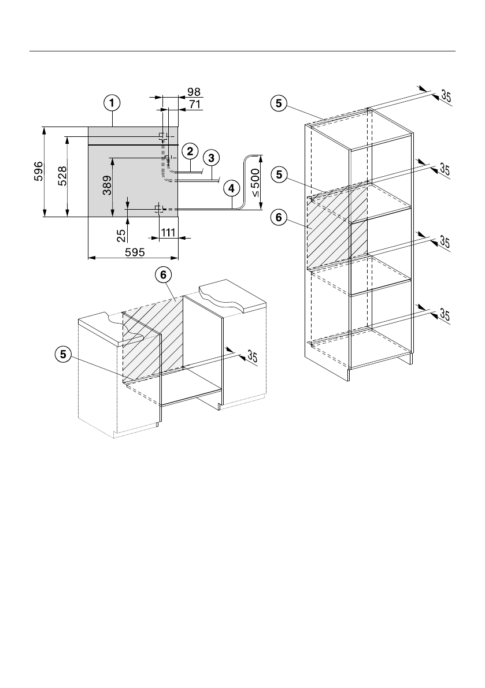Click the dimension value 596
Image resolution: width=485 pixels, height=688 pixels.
(x=38, y=172)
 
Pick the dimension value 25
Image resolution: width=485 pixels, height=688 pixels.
(x=121, y=236)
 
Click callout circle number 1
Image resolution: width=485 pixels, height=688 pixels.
(x=112, y=103)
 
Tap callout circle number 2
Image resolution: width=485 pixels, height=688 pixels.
(x=189, y=151)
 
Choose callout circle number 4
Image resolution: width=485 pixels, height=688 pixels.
(x=231, y=188)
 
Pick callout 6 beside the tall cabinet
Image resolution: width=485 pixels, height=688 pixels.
(x=279, y=218)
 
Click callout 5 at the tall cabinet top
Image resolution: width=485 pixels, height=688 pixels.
(x=279, y=103)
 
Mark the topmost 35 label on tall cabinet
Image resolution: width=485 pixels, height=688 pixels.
(x=446, y=96)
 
